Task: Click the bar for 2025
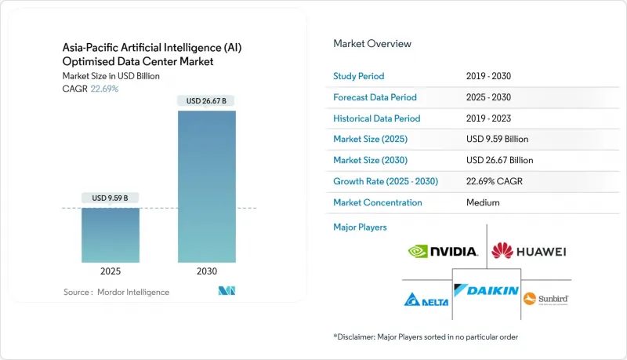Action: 111,235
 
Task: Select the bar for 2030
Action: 207,187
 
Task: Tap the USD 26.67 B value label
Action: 206,101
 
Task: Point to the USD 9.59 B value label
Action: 110,198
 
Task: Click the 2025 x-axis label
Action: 111,271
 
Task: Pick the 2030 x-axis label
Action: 207,271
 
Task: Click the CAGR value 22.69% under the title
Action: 104,89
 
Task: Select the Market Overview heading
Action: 372,44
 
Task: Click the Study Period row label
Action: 359,76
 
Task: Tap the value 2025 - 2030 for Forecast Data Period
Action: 488,97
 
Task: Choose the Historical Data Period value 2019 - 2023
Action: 488,118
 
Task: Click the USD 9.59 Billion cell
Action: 498,139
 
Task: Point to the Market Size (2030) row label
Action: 370,160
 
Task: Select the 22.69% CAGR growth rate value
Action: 495,181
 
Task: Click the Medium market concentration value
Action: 483,202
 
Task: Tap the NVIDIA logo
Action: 443,251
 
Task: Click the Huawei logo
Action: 528,251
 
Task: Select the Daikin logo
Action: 486,290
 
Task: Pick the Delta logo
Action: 426,300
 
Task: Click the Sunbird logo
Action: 545,299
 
